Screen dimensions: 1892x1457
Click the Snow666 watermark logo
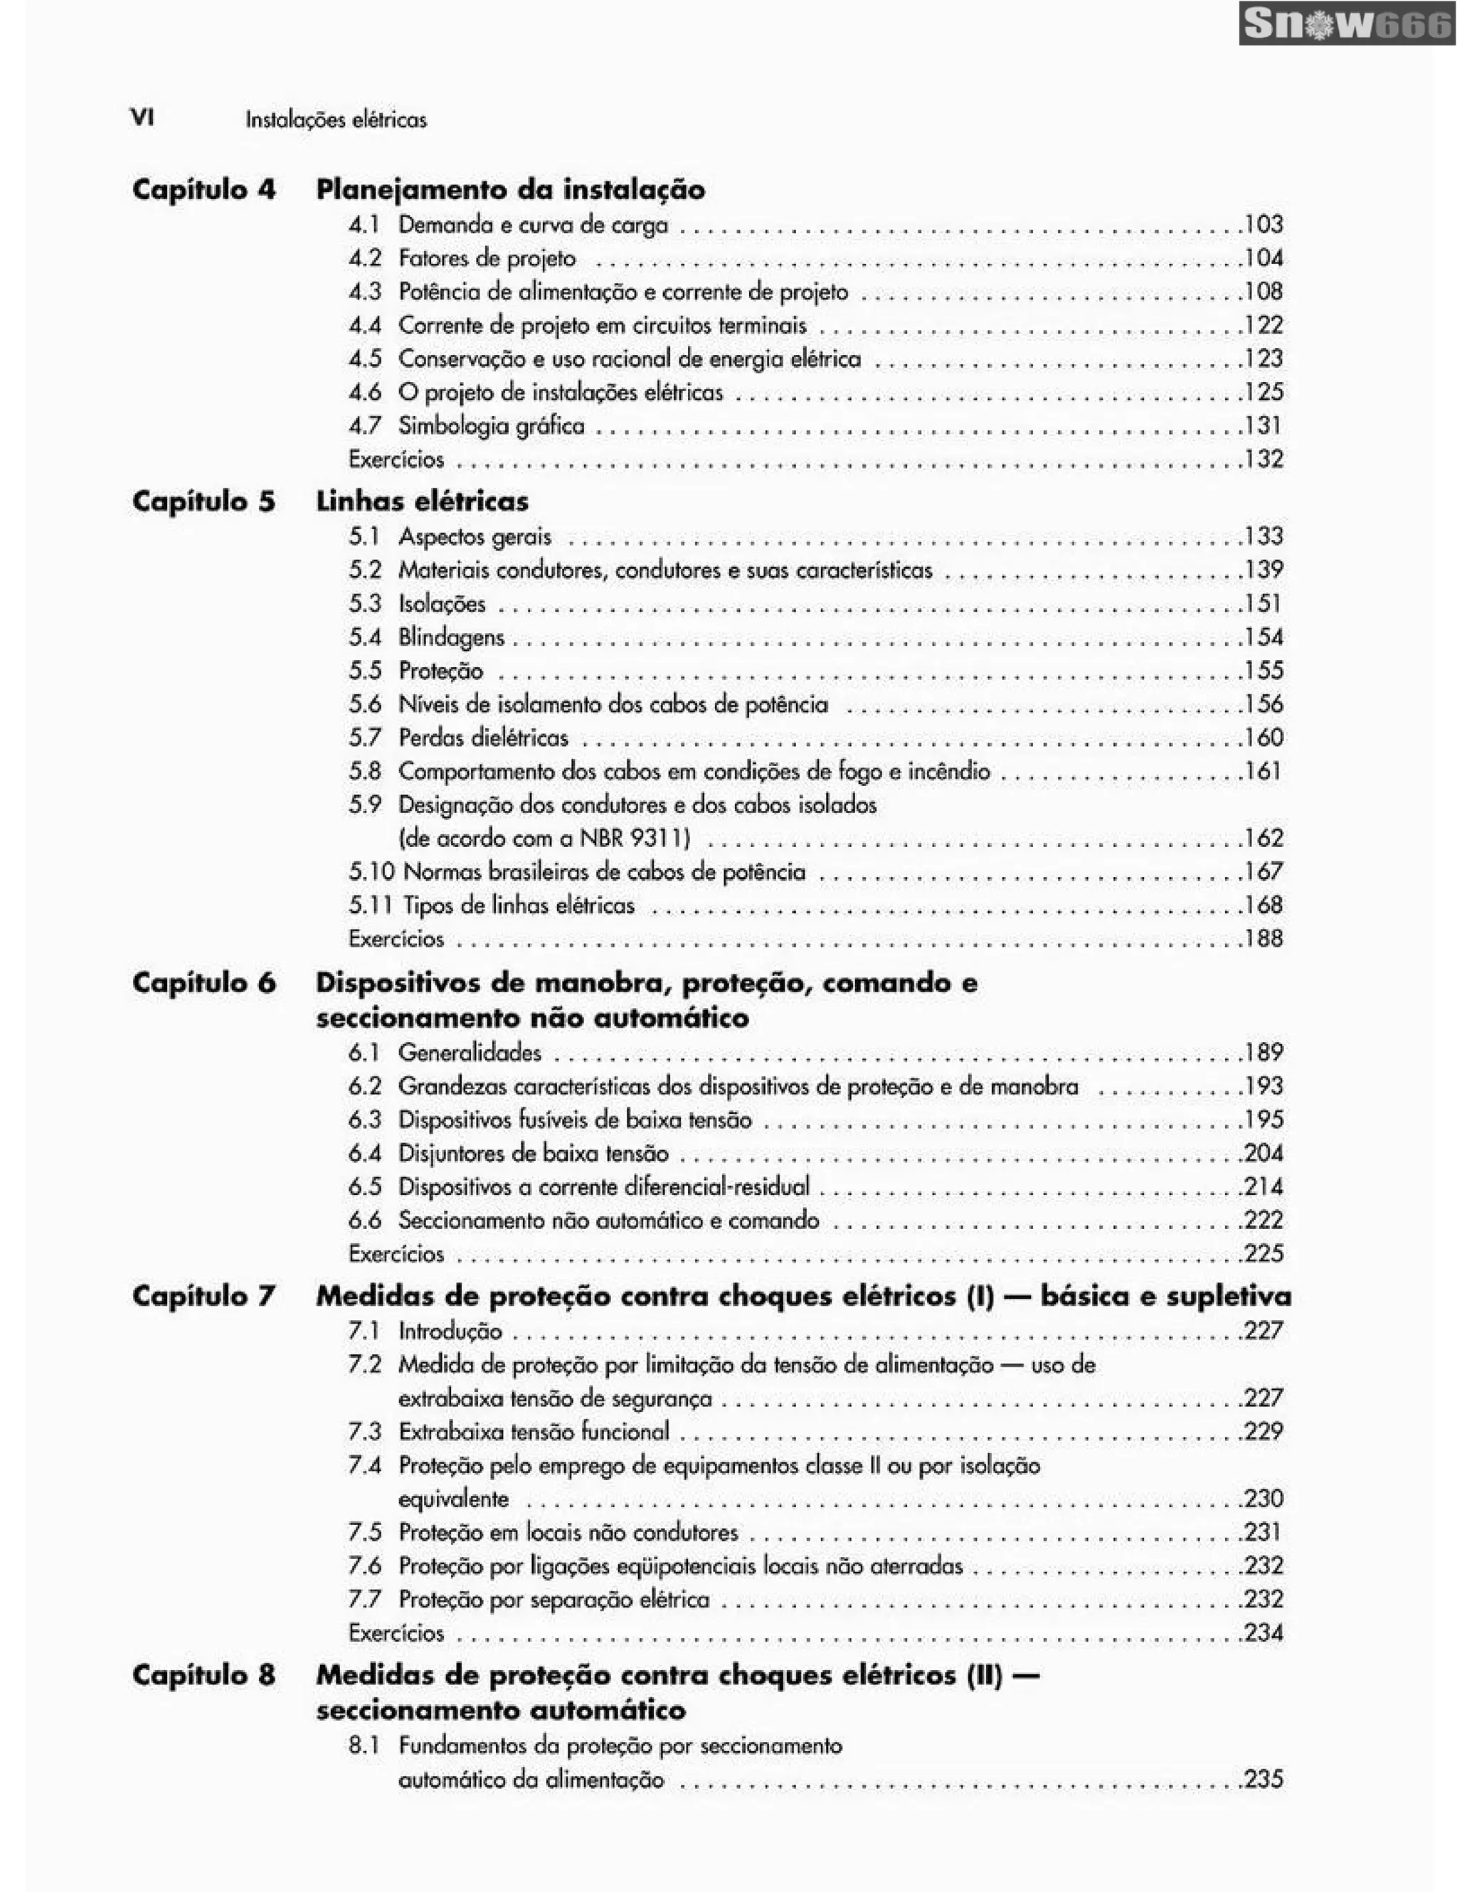click(1346, 23)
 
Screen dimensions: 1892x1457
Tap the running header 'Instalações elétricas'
click(336, 119)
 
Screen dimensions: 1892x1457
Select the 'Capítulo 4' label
click(203, 189)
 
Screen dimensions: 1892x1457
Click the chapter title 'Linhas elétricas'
click(422, 501)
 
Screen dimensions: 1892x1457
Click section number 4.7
click(365, 425)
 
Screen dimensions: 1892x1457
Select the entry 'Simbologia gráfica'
click(491, 425)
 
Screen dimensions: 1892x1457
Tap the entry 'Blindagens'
click(450, 637)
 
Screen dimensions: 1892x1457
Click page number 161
click(1263, 770)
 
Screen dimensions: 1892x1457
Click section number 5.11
click(371, 905)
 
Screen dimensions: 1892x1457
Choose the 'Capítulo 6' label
click(203, 982)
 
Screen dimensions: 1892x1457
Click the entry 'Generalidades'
click(470, 1053)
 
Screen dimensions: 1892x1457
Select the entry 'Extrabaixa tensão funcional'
click(534, 1432)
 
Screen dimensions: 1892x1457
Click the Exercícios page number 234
click(1263, 1632)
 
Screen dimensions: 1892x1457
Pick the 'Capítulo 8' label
click(203, 1674)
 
